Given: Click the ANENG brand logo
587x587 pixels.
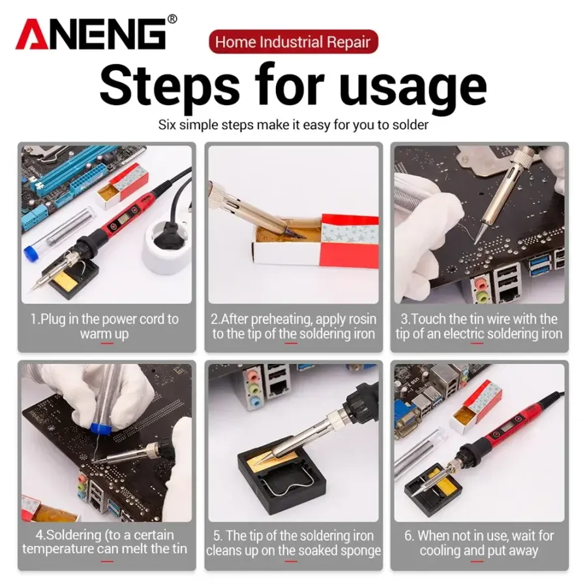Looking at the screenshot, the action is (x=91, y=35).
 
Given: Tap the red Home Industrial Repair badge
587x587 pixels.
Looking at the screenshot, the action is (x=293, y=42).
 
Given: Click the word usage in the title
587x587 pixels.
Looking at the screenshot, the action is (x=413, y=87).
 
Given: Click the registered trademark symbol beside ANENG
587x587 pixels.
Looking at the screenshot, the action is (x=172, y=19).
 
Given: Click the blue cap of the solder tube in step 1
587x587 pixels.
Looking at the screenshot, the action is (x=32, y=252).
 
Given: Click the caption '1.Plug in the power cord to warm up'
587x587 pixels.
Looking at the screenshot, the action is (x=105, y=326).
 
